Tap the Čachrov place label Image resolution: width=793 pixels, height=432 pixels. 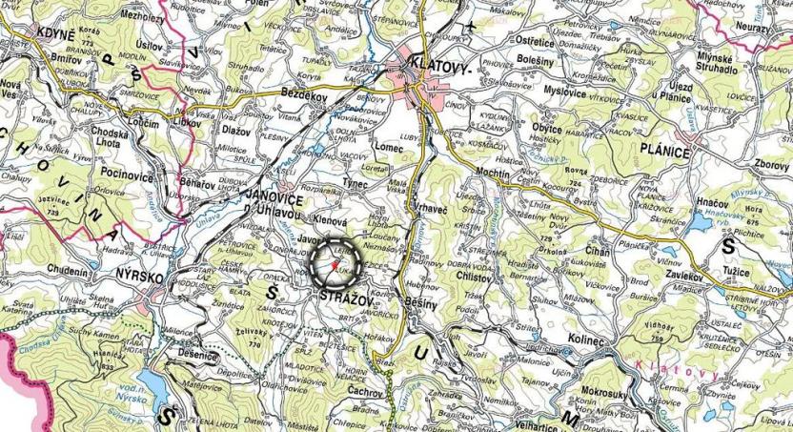tap(365, 391)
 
